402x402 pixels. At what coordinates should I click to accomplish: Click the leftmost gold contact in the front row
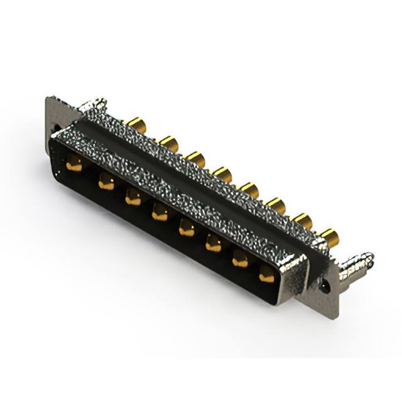point(74,166)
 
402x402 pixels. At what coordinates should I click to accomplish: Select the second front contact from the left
point(106,183)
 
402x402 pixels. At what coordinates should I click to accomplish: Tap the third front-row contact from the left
point(133,198)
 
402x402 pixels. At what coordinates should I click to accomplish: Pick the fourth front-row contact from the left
point(160,214)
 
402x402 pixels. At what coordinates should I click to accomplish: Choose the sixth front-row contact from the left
point(214,244)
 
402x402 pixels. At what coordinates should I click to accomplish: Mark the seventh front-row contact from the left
point(241,259)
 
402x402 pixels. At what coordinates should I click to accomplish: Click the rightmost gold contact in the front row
point(267,274)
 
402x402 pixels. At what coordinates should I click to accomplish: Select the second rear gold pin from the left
point(168,143)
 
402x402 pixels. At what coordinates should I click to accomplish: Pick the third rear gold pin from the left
point(196,158)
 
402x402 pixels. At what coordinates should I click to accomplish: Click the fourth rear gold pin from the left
point(222,173)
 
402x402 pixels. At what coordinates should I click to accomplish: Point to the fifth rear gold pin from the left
point(249,188)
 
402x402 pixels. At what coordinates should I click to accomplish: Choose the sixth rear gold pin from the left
point(276,204)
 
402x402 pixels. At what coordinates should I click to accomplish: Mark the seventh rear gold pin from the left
point(302,220)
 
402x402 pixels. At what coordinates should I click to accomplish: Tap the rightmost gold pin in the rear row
point(329,236)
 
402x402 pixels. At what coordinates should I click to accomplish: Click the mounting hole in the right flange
point(325,285)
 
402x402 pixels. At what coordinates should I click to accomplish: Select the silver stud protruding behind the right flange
point(357,264)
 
